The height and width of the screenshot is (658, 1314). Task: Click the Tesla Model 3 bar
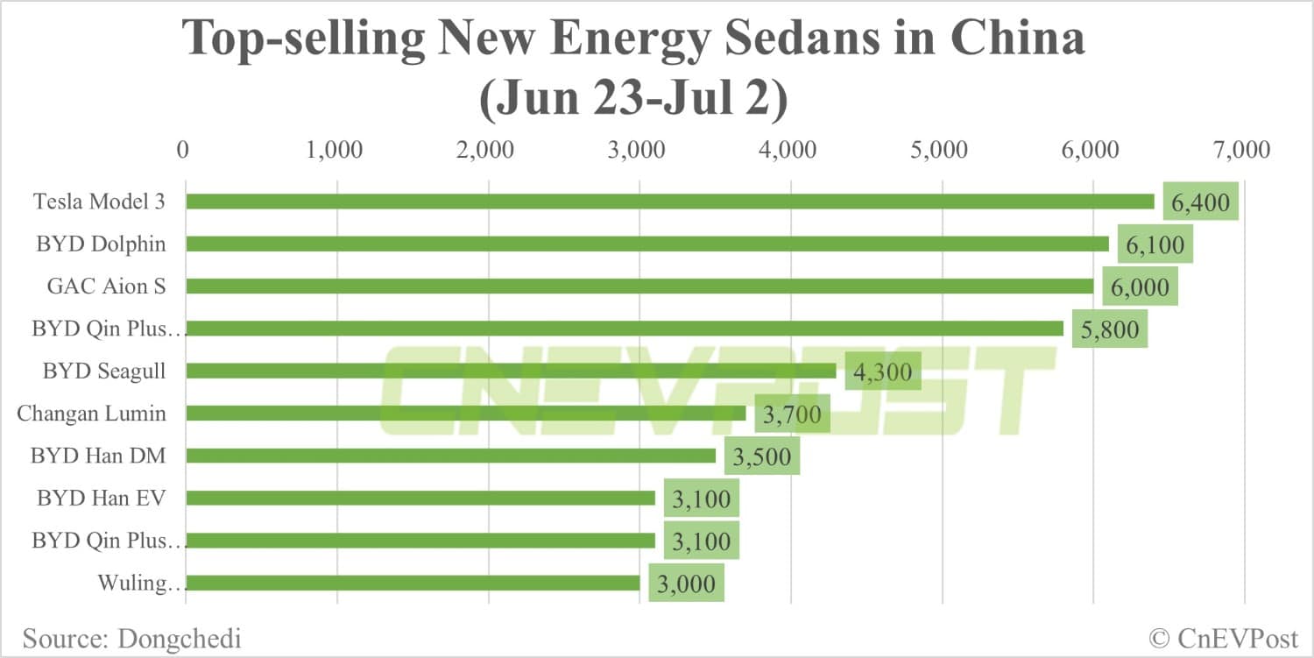click(670, 202)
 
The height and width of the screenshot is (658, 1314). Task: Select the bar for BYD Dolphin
click(647, 244)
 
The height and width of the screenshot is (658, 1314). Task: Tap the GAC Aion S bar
click(639, 286)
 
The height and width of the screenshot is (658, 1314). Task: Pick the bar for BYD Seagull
click(511, 371)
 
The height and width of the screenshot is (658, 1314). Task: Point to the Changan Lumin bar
click(465, 413)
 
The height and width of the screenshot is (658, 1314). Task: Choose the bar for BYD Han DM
click(450, 456)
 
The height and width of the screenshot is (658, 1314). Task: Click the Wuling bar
click(413, 583)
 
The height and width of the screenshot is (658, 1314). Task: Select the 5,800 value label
click(1109, 329)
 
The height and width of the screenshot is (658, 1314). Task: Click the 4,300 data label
click(882, 372)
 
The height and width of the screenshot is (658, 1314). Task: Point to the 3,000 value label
click(686, 584)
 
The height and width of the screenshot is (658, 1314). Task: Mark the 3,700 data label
click(792, 414)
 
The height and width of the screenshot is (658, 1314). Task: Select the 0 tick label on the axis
click(182, 150)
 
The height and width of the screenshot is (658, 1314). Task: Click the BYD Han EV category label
click(101, 499)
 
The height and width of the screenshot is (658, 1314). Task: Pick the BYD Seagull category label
click(103, 371)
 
